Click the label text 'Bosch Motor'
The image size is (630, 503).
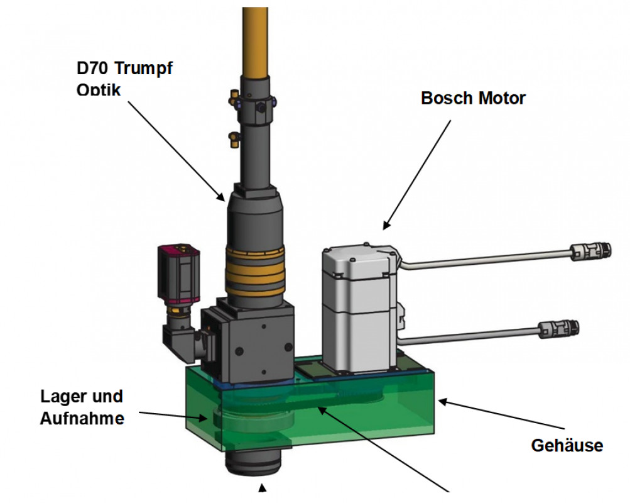pyautogui.click(x=473, y=99)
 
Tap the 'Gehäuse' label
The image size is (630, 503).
pyautogui.click(x=567, y=446)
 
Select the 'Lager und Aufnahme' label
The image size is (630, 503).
pyautogui.click(x=82, y=407)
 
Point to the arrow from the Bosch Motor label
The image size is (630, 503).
pyautogui.click(x=418, y=173)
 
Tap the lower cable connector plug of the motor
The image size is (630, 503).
pyautogui.click(x=559, y=328)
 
